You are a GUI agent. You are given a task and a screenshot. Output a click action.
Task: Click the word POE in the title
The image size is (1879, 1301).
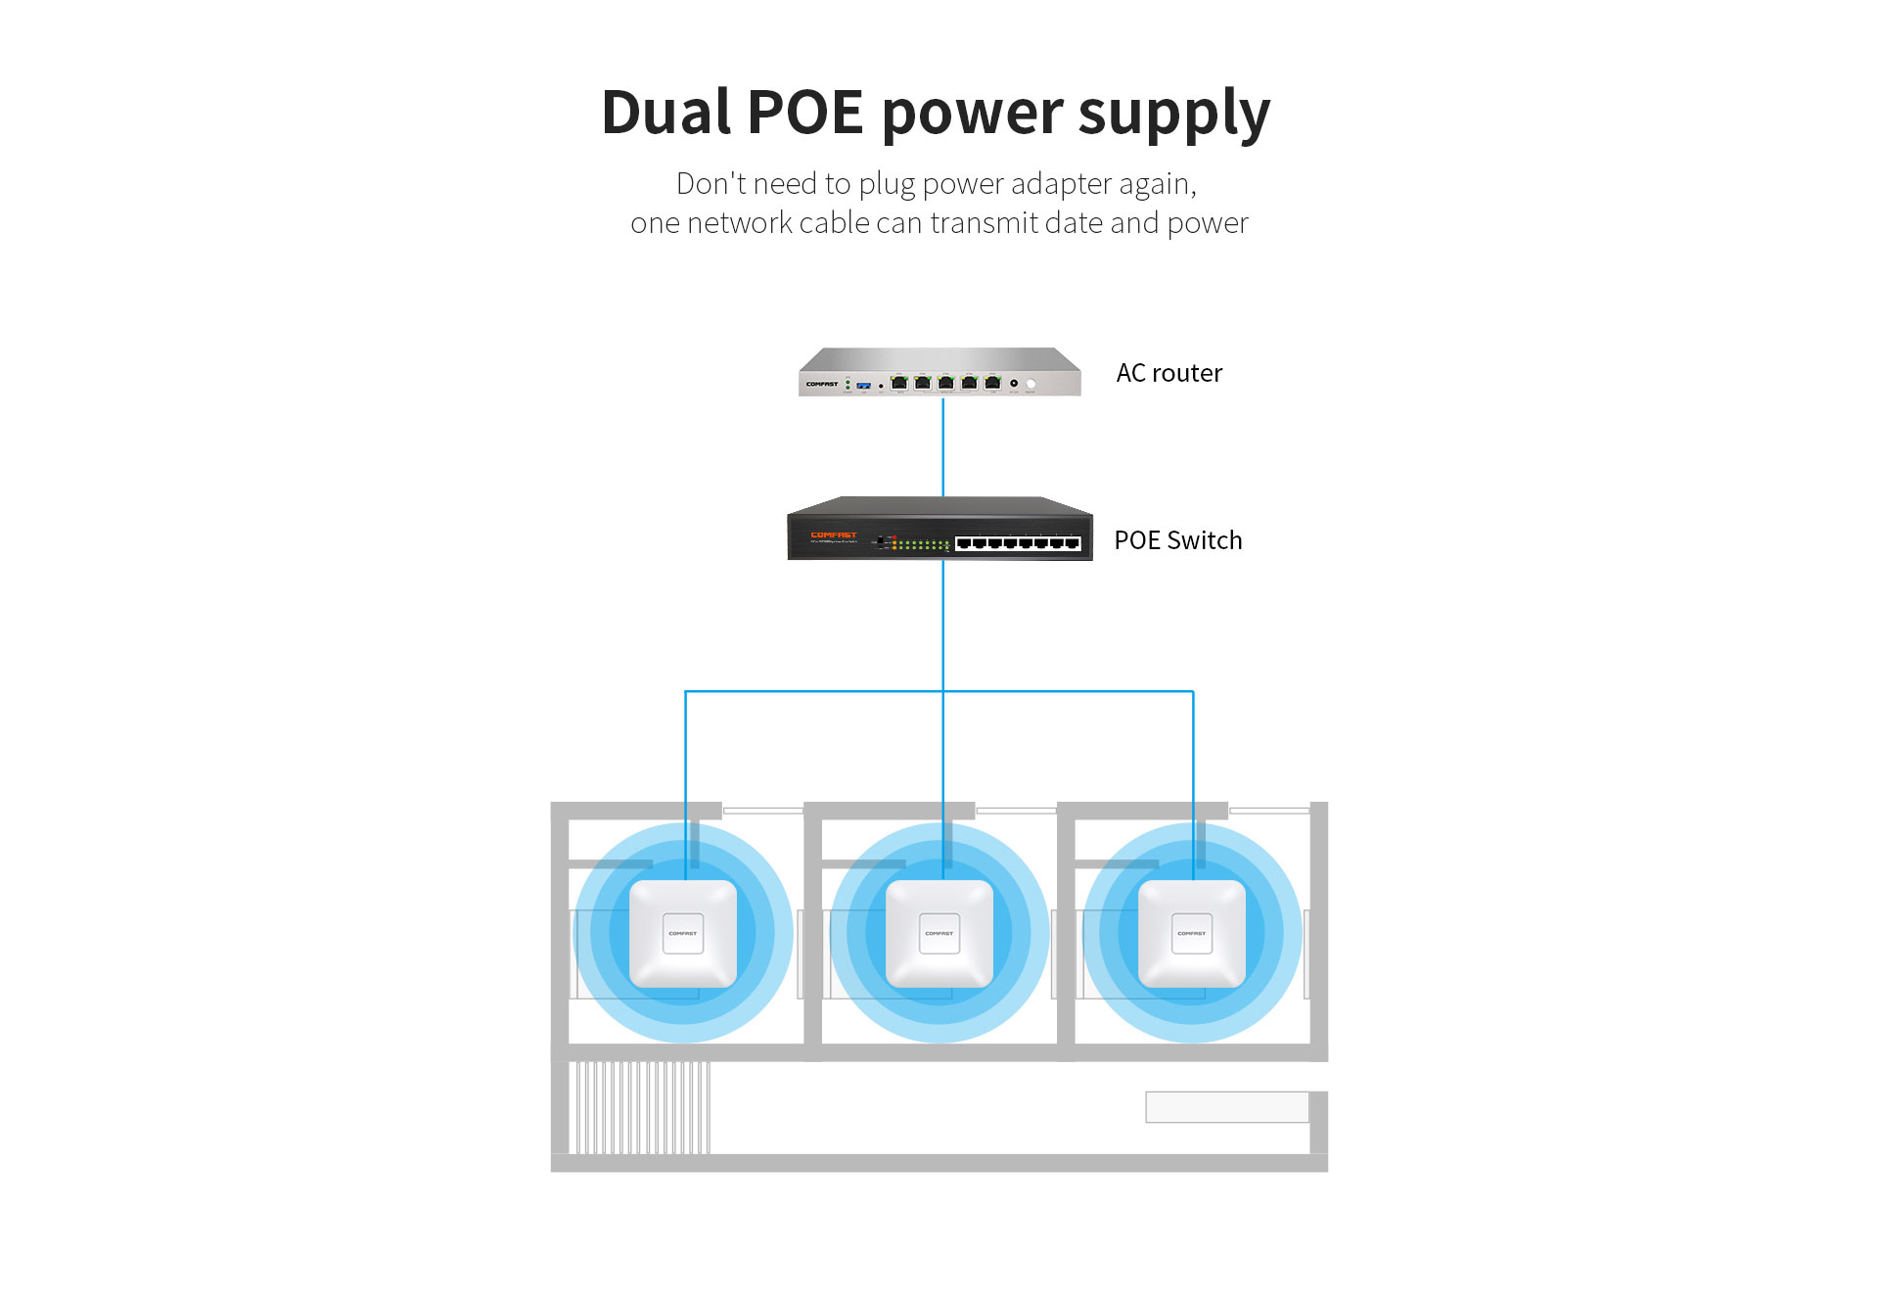(x=804, y=112)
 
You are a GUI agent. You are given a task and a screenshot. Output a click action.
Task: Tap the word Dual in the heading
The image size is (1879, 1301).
(x=665, y=112)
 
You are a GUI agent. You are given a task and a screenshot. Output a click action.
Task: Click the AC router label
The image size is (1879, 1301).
(x=1169, y=373)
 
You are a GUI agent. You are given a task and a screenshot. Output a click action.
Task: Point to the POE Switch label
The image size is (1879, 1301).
(x=1177, y=540)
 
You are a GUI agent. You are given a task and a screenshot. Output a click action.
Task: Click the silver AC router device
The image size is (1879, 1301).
(x=939, y=373)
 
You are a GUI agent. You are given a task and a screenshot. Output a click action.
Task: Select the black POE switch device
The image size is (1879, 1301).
(x=939, y=530)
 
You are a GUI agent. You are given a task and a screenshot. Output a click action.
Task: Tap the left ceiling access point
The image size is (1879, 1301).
(x=683, y=933)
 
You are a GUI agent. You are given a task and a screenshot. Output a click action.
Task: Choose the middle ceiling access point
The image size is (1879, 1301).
(x=939, y=933)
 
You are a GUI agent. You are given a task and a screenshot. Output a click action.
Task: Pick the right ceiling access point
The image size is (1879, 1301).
(x=1192, y=933)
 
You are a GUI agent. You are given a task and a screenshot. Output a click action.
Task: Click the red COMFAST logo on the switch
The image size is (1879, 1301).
(x=834, y=534)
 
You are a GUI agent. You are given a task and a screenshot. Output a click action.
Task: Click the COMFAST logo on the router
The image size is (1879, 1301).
(x=822, y=384)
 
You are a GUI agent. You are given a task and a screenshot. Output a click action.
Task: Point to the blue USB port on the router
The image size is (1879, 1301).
(x=863, y=386)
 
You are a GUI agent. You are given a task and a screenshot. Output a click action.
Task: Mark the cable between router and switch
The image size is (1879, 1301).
(x=942, y=446)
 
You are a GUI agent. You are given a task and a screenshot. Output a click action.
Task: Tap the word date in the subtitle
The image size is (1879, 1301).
(x=1074, y=223)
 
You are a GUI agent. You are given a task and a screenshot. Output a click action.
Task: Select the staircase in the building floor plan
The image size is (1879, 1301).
(x=640, y=1107)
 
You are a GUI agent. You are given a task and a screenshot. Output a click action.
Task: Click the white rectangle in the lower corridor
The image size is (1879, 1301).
(x=1226, y=1107)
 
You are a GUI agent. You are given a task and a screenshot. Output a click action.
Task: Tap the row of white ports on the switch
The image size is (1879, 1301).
(x=1018, y=543)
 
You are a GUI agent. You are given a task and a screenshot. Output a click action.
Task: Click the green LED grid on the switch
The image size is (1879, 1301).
(x=921, y=544)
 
